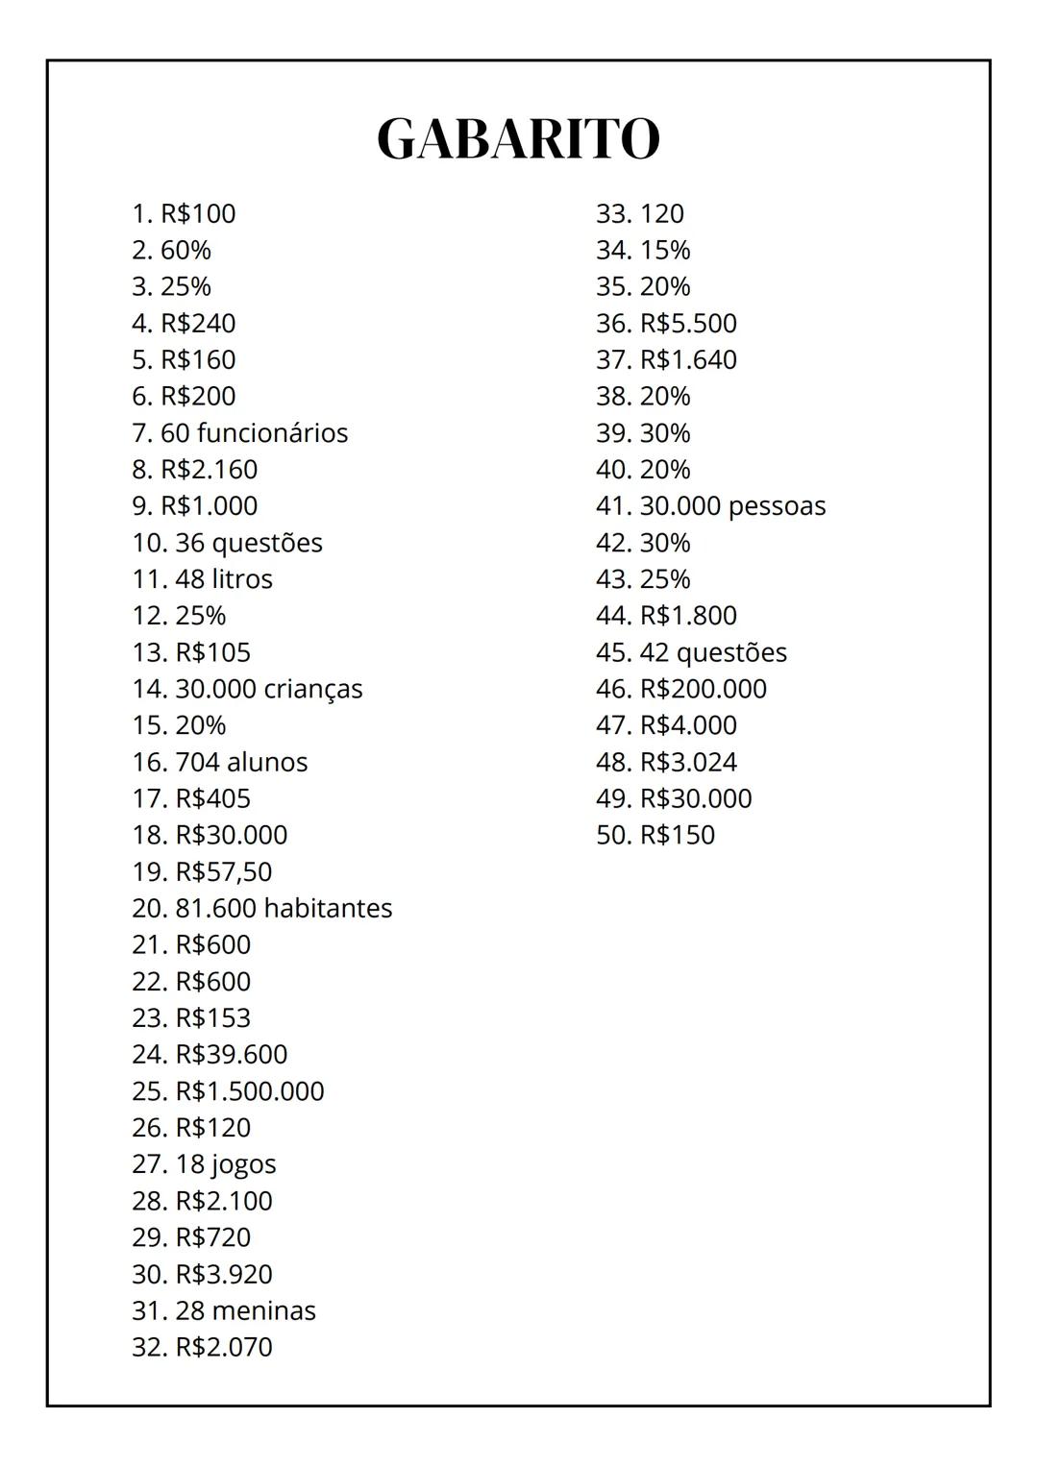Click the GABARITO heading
pos(518,138)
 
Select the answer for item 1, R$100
pos(197,213)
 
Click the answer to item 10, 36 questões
pos(248,543)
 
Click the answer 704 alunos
pos(240,762)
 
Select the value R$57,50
pos(223,871)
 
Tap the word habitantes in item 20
pos(328,908)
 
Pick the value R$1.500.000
pos(249,1091)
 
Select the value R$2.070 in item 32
pos(223,1347)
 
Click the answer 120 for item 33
pos(661,213)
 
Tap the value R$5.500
pos(688,323)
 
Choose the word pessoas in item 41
pos(777,506)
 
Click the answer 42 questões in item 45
pos(713,652)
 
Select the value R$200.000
pos(703,689)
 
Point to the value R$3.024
pos(688,762)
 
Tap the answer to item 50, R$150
pos(677,835)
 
